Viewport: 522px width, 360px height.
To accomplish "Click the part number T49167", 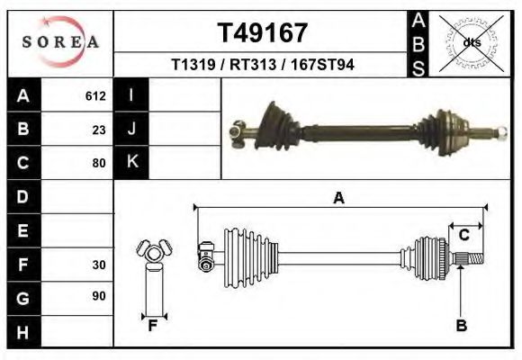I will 263,33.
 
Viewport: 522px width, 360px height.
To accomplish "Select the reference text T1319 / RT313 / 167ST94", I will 263,66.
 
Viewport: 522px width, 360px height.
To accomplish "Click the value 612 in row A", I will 95,95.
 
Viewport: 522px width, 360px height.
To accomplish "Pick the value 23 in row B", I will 99,129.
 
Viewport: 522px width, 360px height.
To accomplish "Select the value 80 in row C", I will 99,163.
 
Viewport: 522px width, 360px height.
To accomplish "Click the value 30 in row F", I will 99,265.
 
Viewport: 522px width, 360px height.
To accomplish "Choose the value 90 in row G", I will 99,296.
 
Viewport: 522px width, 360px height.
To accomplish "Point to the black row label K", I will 131,162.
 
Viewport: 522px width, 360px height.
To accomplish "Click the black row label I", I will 131,94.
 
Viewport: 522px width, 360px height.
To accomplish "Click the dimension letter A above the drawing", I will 338,199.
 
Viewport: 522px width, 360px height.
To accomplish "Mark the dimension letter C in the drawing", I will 463,236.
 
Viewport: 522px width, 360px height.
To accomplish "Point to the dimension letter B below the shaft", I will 461,325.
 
